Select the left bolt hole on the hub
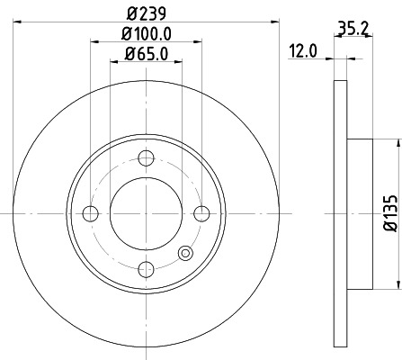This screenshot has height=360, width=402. coord(90,212)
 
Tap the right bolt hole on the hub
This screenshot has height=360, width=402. coord(201,212)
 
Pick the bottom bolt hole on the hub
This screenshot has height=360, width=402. coord(146,268)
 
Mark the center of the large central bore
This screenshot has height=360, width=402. coord(146,212)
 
